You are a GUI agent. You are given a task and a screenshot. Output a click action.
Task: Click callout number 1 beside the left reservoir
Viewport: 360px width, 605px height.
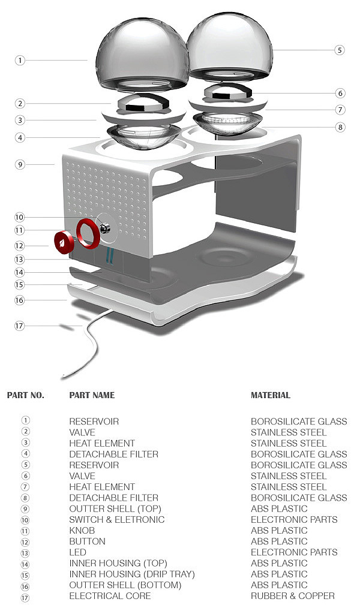20,60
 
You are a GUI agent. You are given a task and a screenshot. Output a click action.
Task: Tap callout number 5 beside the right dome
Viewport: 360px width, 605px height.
339,50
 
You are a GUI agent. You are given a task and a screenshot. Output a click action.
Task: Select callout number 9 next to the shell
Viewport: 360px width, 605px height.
20,164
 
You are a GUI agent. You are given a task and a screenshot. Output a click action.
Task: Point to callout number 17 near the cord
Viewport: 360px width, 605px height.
19,326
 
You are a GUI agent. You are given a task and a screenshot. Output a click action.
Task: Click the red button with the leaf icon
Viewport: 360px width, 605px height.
64,242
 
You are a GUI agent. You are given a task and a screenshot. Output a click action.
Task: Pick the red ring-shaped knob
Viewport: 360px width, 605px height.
88,233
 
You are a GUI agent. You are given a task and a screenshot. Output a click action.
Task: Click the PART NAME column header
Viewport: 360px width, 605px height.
92,395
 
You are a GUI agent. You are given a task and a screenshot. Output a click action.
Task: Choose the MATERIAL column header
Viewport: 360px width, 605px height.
271,395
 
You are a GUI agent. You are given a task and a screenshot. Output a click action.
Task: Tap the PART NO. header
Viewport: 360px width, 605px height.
25,395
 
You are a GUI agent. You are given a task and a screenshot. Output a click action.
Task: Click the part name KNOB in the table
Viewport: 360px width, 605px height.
82,531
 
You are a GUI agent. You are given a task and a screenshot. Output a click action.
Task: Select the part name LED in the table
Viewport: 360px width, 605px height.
77,552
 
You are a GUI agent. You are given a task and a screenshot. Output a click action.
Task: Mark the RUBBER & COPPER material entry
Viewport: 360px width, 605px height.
293,596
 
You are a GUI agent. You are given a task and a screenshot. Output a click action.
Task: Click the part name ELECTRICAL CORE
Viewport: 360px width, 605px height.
110,596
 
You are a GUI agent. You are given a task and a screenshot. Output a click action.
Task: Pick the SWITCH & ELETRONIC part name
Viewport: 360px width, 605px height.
116,520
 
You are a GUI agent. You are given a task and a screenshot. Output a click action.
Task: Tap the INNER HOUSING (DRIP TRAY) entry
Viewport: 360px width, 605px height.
132,574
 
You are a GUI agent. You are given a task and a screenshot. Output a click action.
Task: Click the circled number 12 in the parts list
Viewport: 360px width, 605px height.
25,542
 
